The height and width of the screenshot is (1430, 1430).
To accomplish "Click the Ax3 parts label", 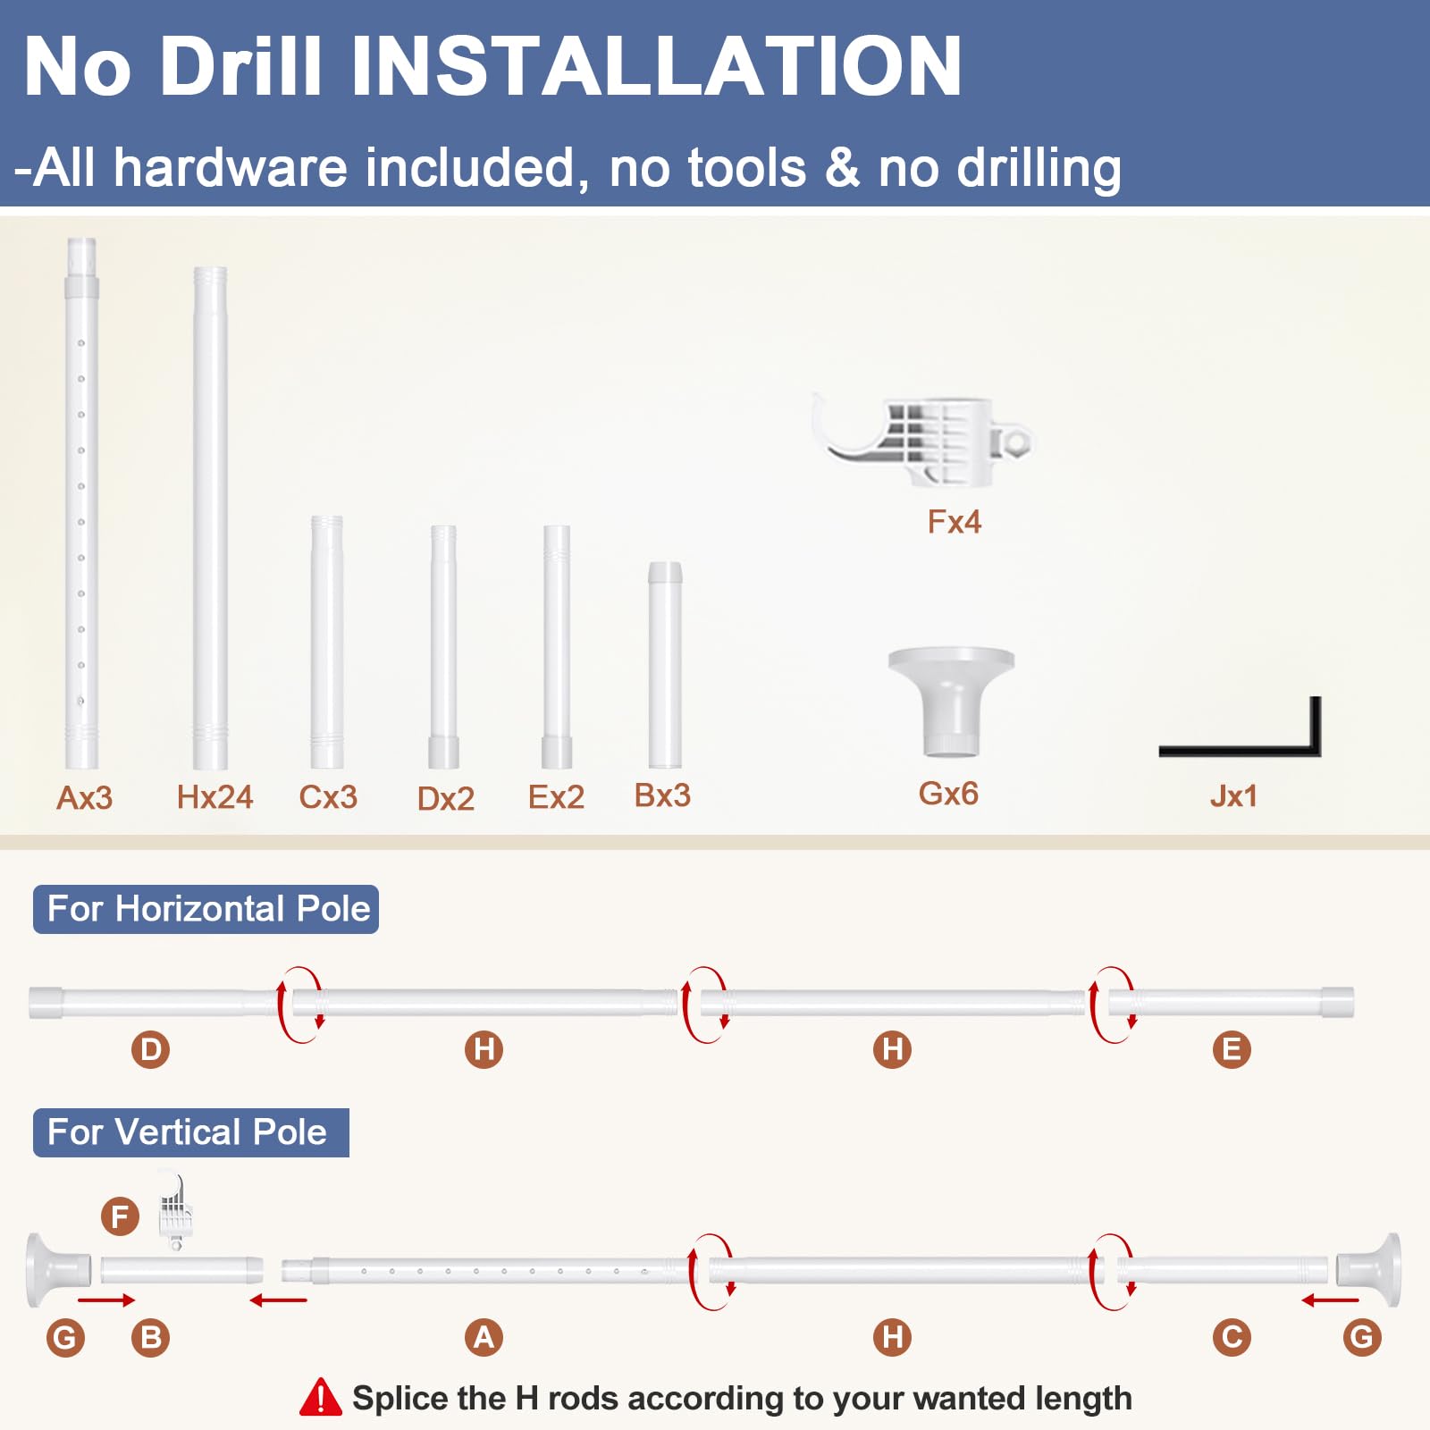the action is pos(85,797).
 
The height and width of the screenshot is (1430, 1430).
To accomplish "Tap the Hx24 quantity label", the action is pos(214,796).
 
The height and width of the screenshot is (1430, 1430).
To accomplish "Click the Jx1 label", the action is pos(1233,795).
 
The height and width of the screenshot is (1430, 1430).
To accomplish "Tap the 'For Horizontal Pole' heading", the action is pos(208,909).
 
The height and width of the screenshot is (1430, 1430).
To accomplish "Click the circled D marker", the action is pos(151,1049).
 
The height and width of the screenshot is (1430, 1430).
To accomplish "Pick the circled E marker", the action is pos(1232,1049).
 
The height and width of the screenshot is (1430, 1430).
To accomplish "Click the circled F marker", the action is pos(120,1216).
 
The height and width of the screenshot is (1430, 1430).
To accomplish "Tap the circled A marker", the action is pos(484,1337).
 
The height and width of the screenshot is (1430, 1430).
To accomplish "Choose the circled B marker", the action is pos(150,1337).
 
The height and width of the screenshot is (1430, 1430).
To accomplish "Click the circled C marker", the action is pos(1232,1337).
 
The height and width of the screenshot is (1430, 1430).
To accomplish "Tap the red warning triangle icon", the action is pos(320,1399).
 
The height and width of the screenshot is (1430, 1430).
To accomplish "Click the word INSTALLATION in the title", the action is pos(656,66).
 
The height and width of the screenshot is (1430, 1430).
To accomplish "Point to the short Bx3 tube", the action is pos(665,665).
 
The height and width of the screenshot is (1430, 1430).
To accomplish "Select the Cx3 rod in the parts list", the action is pos(327,642).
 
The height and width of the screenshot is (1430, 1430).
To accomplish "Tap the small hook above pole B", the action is pos(175,1211).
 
